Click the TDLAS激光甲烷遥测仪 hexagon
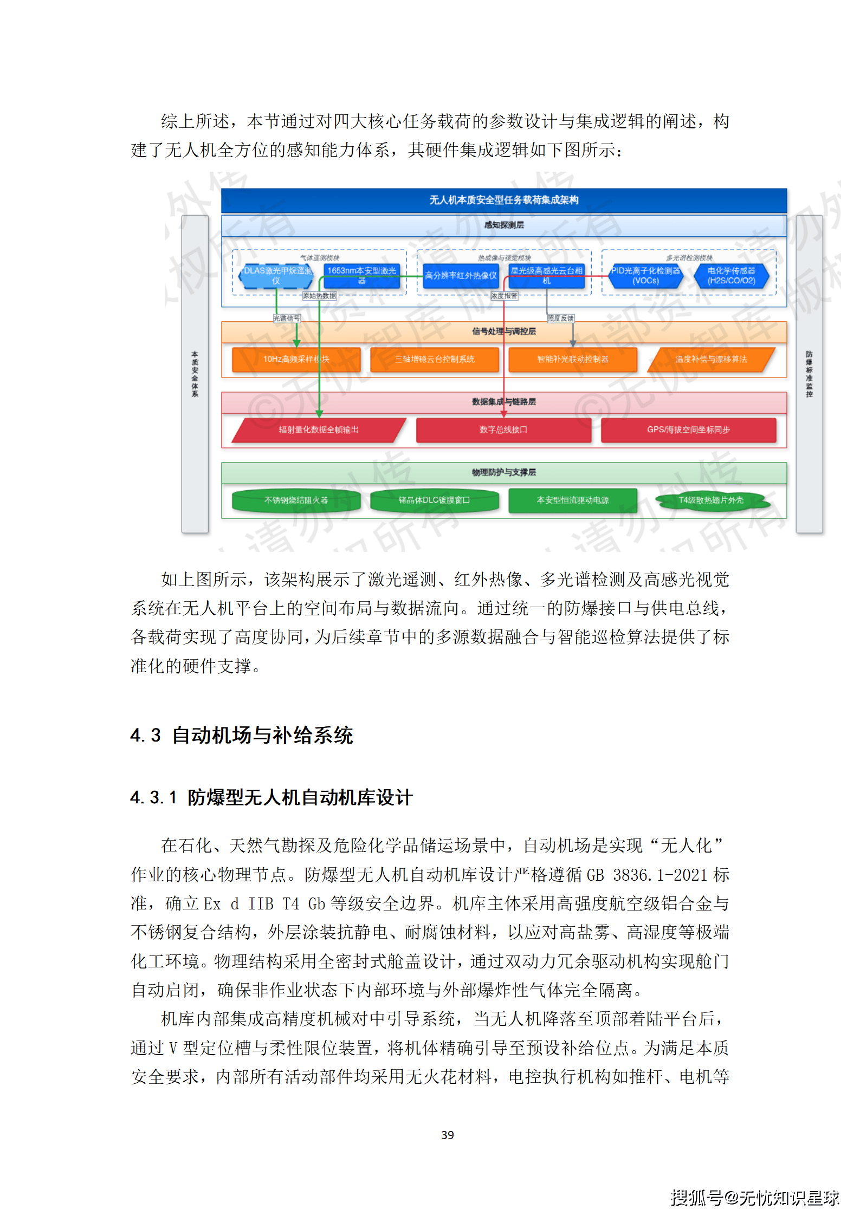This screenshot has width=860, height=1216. click(276, 276)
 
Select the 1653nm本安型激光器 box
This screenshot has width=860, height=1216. click(361, 276)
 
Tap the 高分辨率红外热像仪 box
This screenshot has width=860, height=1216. click(461, 276)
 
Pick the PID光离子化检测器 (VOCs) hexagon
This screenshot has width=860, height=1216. click(645, 276)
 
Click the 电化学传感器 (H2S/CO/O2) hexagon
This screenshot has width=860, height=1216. click(731, 276)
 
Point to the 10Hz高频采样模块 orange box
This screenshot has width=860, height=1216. click(296, 359)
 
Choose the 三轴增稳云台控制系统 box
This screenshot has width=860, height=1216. click(434, 359)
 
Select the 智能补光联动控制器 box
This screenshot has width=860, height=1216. click(573, 359)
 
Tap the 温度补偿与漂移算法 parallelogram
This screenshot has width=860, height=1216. click(711, 359)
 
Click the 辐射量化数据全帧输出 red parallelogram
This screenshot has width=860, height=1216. click(319, 430)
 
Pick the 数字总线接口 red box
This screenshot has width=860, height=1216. click(503, 430)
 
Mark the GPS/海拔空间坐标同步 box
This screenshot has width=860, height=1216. click(688, 430)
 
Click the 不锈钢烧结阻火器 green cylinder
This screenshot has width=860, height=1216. click(296, 500)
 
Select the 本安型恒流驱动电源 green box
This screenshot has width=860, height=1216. click(573, 500)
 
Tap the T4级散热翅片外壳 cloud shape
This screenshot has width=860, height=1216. click(711, 500)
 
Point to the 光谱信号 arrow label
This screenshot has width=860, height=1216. click(286, 318)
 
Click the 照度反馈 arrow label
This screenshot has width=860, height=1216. click(560, 318)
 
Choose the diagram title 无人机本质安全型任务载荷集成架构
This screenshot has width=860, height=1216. click(503, 200)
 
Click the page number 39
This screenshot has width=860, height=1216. click(448, 1135)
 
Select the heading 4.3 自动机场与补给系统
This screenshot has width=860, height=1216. click(242, 735)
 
